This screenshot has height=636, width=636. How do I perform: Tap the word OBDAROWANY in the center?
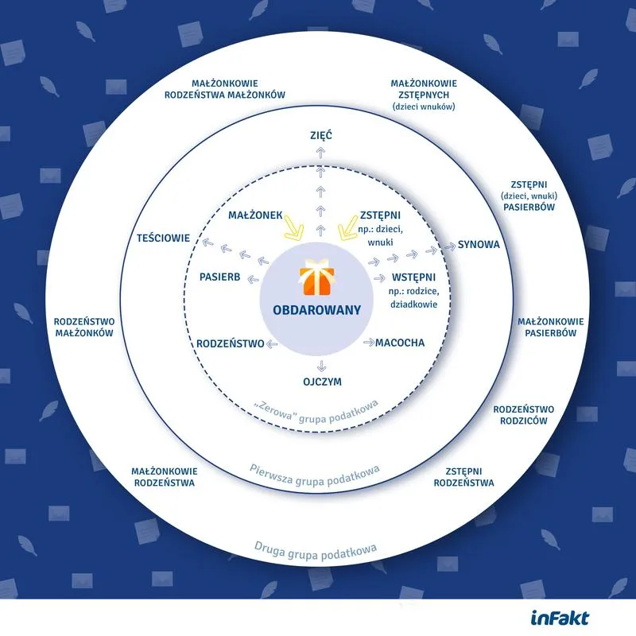[317, 310]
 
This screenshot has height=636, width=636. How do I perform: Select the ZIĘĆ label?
[320, 136]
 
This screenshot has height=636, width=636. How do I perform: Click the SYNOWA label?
[479, 244]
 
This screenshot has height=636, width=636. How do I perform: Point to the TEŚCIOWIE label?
[162, 238]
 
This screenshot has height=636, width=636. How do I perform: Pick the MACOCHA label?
[400, 343]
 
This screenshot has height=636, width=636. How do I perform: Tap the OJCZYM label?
[321, 382]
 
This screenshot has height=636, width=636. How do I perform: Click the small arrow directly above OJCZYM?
[320, 365]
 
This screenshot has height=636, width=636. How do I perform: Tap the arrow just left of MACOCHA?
[369, 343]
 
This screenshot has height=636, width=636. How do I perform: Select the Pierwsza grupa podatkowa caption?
[315, 469]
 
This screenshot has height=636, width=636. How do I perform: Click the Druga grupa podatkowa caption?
[315, 547]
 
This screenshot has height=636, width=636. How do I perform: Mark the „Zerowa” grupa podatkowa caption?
[316, 405]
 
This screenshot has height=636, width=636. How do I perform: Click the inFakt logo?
[560, 617]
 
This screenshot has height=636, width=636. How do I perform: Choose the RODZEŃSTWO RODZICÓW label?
[523, 415]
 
